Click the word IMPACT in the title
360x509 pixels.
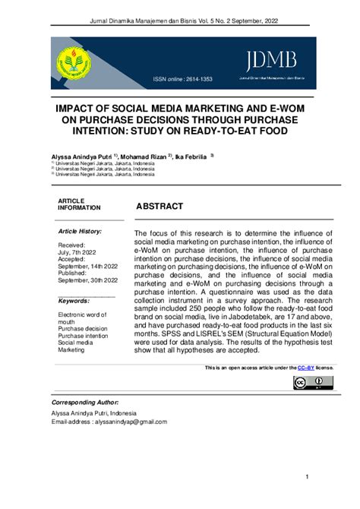coord(81,109)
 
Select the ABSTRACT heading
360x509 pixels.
coord(159,207)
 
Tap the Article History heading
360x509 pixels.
coord(80,230)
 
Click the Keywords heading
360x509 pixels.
coord(74,301)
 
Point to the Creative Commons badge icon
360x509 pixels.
coord(312,382)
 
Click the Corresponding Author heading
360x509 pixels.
coord(84,402)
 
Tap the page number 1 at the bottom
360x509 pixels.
coord(307,477)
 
